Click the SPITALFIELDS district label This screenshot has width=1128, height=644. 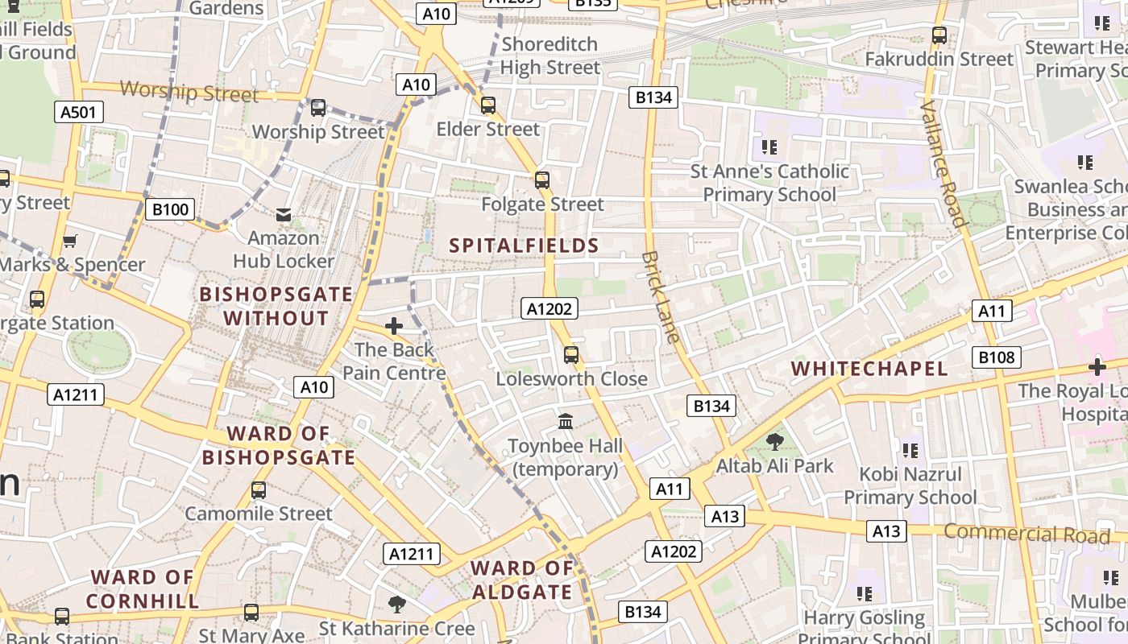524,246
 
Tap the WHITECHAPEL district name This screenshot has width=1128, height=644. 869,369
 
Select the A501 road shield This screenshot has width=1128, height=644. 78,112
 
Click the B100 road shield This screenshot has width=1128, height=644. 170,210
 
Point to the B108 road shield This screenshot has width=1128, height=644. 996,357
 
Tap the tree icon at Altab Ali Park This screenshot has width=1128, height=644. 775,441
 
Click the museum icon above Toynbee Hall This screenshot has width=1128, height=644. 566,421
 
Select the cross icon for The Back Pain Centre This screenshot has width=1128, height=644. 394,326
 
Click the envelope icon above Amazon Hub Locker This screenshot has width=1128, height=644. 284,214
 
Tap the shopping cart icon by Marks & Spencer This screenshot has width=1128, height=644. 70,241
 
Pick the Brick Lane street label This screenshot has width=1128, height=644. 661,297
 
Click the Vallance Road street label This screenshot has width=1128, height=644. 943,164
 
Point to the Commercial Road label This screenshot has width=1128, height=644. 1026,534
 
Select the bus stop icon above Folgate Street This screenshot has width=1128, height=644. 542,180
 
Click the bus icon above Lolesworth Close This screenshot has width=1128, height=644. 571,354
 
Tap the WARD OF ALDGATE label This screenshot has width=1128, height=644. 522,580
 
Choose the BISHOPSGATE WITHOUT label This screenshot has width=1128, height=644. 276,306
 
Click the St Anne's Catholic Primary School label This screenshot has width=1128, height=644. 769,183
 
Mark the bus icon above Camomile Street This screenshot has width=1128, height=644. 259,489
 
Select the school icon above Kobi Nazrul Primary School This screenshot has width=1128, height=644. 910,450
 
